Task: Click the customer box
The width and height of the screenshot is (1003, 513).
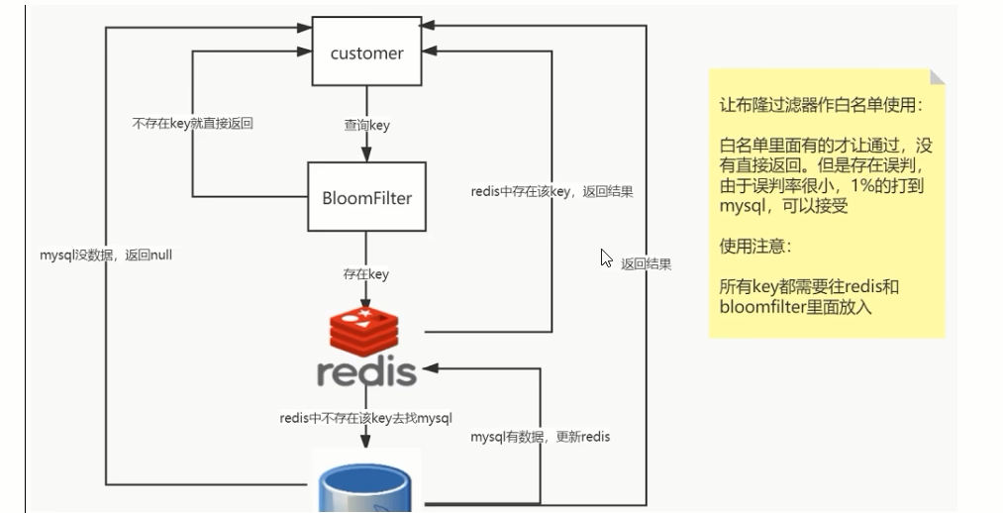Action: point(366,51)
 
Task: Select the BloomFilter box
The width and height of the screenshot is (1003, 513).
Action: point(366,196)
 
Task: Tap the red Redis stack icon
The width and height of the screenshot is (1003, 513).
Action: point(364,331)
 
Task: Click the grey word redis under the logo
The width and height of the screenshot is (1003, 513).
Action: point(366,372)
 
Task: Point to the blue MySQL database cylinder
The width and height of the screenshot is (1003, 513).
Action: point(364,489)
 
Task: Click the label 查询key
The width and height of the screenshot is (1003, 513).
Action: point(366,125)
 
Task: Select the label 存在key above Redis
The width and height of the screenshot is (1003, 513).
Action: point(366,273)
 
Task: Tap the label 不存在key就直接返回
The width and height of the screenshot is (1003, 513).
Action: point(192,123)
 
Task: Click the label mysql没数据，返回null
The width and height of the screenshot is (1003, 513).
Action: point(106,255)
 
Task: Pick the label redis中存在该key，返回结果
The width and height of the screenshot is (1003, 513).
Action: point(552,191)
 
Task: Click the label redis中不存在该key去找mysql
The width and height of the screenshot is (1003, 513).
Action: point(366,418)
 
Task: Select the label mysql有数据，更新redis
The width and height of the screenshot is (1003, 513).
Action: point(541,436)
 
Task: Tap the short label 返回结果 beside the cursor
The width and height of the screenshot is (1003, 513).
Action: point(647,264)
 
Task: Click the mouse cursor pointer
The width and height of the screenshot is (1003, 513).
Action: point(606,258)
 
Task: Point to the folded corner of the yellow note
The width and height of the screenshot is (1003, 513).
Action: point(937,77)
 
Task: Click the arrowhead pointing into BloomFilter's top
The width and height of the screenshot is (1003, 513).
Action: point(366,154)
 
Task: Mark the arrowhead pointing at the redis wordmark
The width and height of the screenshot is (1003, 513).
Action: point(431,367)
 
